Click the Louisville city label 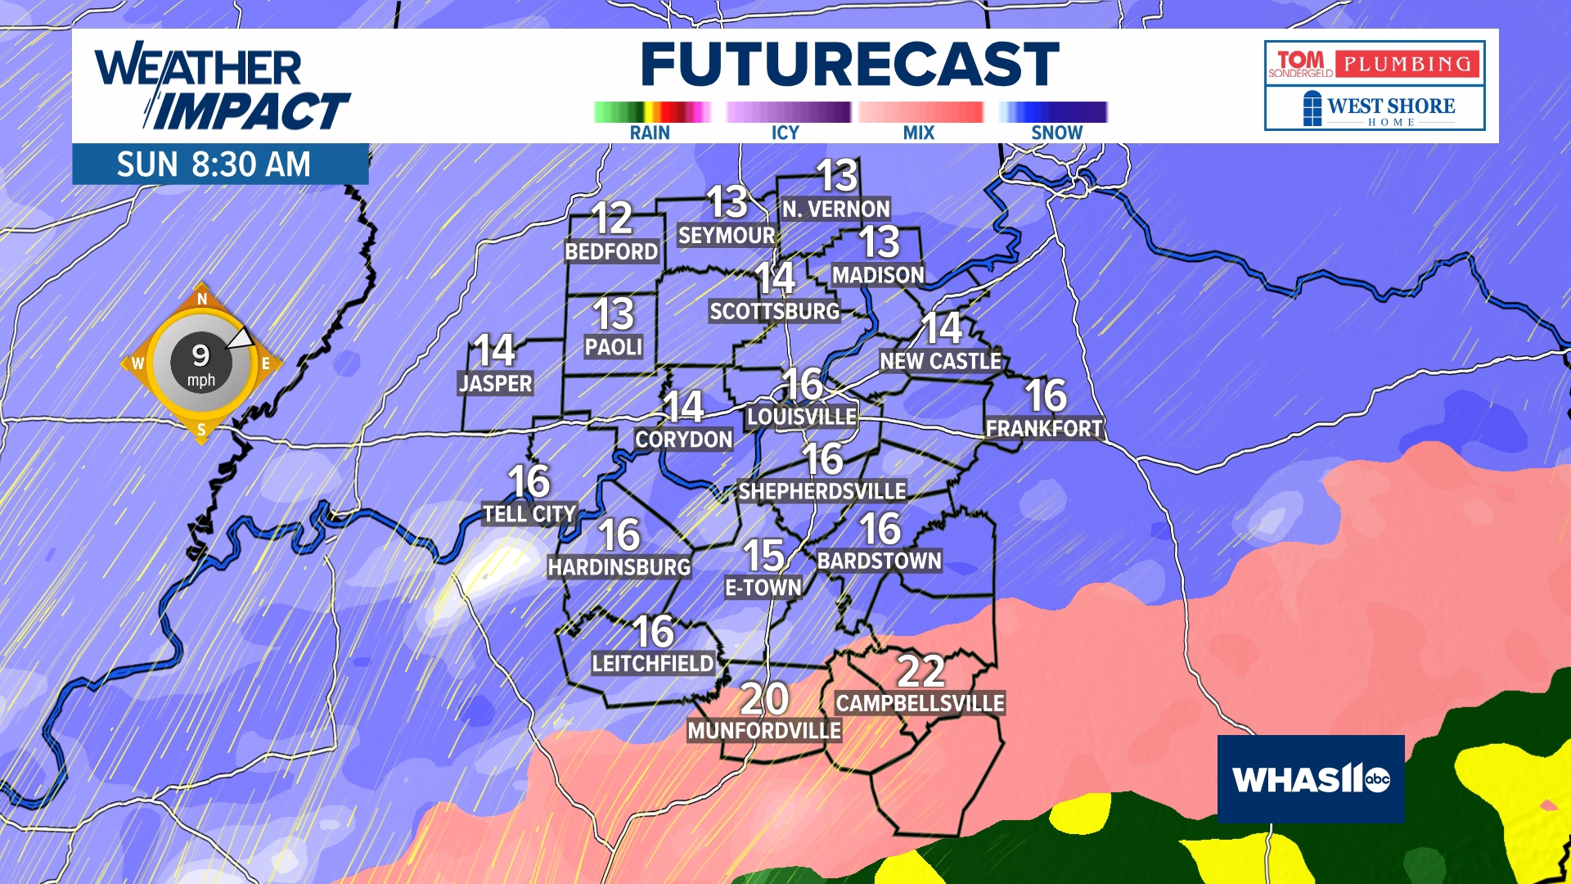click(802, 417)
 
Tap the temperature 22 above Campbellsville click(921, 672)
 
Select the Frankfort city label click(1044, 428)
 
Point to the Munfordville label click(764, 731)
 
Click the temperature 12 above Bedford click(612, 219)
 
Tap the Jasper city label click(496, 383)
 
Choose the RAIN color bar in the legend click(651, 112)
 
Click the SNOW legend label click(1056, 133)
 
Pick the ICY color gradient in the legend click(788, 112)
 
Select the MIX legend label click(918, 133)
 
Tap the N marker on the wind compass click(202, 300)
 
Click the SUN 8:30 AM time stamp click(214, 165)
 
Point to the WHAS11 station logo click(1310, 778)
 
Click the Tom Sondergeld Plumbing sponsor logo click(1375, 63)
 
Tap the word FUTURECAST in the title click(849, 65)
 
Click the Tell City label click(529, 514)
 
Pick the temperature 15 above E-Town click(763, 556)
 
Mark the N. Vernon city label click(835, 210)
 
